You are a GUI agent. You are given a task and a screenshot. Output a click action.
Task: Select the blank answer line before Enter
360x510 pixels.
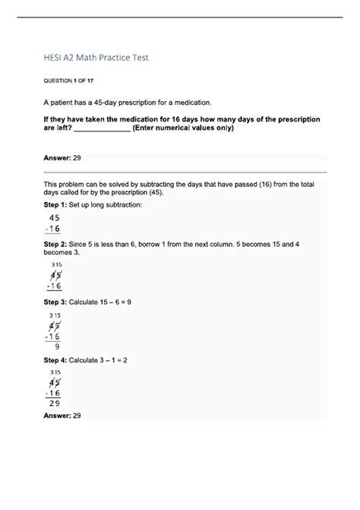[103, 128]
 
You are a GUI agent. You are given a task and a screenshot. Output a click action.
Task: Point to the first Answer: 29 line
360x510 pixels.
[62, 157]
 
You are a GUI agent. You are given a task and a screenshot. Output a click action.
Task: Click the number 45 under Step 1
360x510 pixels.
[55, 218]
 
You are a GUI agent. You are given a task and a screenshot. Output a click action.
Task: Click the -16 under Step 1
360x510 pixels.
[53, 230]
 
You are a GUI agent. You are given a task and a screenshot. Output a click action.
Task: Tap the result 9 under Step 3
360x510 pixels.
[57, 346]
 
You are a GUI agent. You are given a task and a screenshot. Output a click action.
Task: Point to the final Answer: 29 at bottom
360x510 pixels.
[62, 417]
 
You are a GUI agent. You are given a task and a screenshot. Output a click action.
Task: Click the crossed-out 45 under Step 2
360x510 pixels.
[55, 275]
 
